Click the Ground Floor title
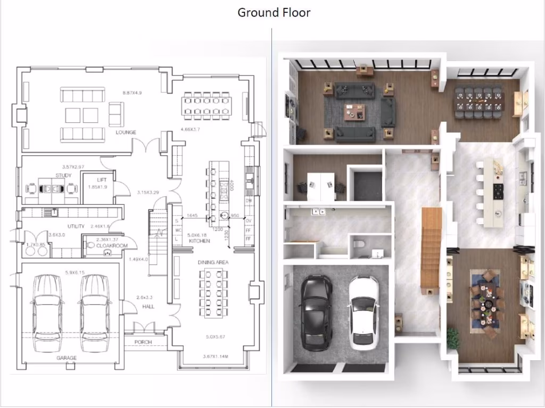[274, 12]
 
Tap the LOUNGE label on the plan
[126, 132]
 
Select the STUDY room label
[63, 175]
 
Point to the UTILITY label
[76, 226]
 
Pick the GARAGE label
[67, 358]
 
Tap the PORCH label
[143, 342]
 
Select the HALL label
[148, 307]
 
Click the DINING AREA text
[213, 262]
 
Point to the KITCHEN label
[200, 241]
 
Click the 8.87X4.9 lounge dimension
[131, 93]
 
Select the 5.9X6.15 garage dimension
[75, 273]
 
